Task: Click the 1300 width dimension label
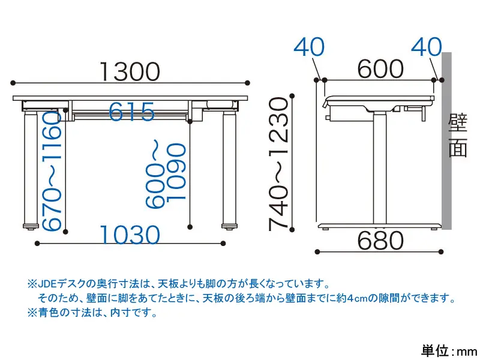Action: pyautogui.click(x=130, y=72)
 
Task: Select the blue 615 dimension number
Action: pyautogui.click(x=131, y=112)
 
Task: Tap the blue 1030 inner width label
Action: pyautogui.click(x=130, y=235)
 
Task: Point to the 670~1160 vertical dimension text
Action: pyautogui.click(x=52, y=170)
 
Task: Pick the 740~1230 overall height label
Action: pyautogui.click(x=278, y=164)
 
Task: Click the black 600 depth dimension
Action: pyautogui.click(x=380, y=69)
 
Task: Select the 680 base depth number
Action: pyautogui.click(x=380, y=241)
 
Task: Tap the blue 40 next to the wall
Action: pyautogui.click(x=427, y=47)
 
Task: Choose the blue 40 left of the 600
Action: pyautogui.click(x=309, y=47)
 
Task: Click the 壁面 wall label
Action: pyautogui.click(x=458, y=135)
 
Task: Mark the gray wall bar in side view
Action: pyautogui.click(x=446, y=140)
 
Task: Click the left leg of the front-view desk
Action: pyautogui.click(x=31, y=169)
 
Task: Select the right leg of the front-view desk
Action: pyautogui.click(x=230, y=169)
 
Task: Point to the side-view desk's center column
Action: pyautogui.click(x=380, y=168)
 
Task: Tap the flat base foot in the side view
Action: pyautogui.click(x=380, y=227)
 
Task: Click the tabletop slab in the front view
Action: pyautogui.click(x=130, y=98)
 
